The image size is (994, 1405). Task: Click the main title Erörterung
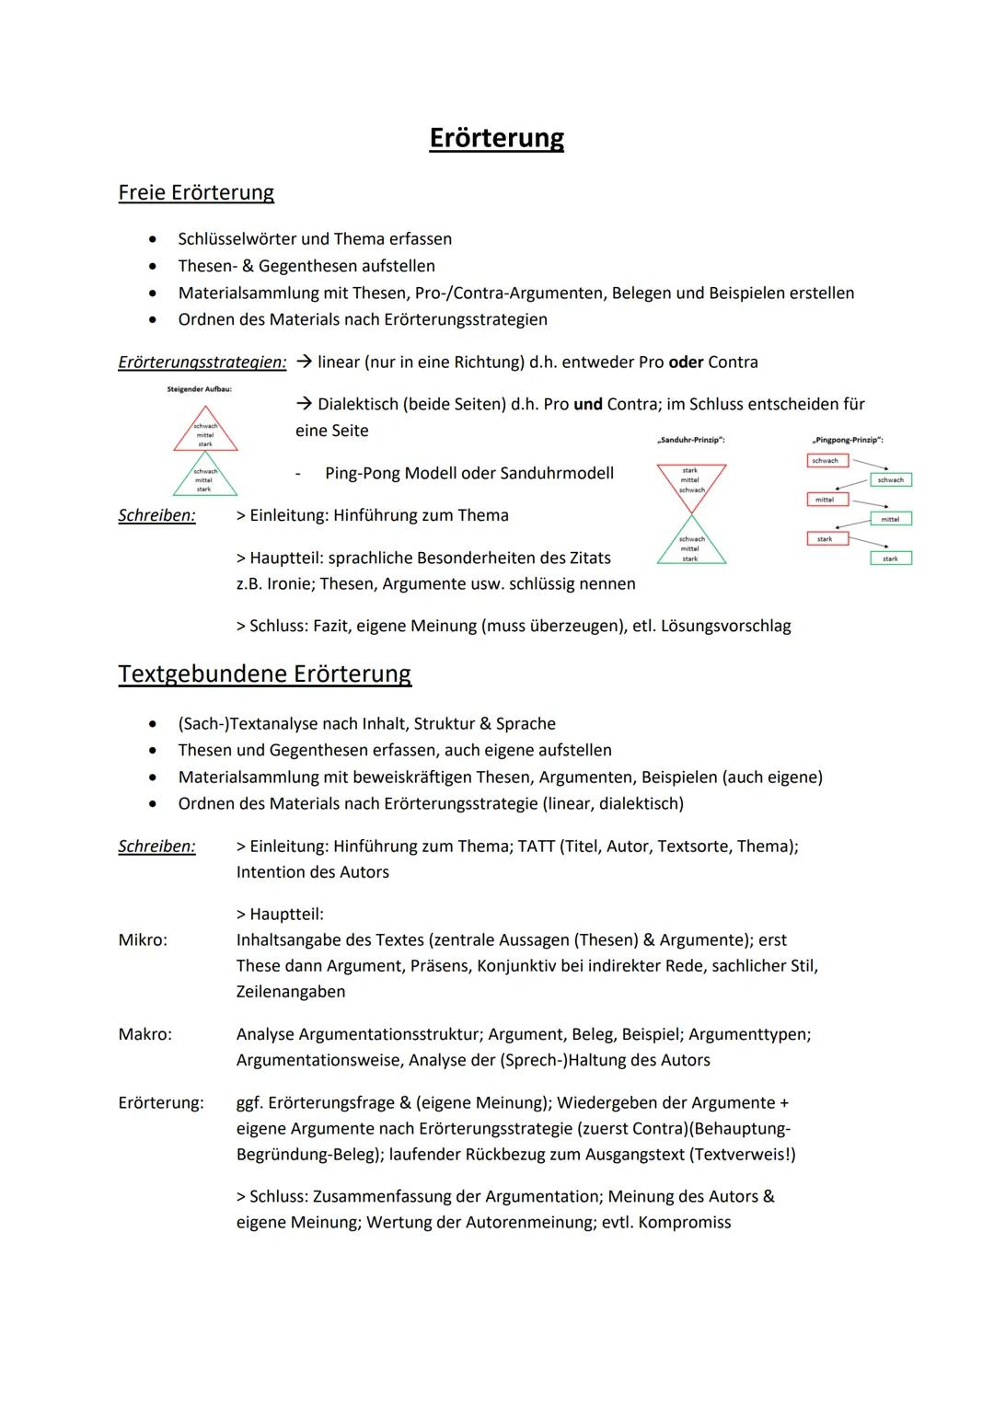(496, 138)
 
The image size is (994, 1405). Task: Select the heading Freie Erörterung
(196, 192)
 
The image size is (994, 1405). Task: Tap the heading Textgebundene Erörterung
(264, 674)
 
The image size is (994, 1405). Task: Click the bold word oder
(686, 362)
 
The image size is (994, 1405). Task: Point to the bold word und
(588, 404)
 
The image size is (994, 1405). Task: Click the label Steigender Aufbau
(199, 389)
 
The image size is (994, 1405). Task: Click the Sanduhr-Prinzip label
(691, 440)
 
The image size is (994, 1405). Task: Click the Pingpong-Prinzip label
(848, 440)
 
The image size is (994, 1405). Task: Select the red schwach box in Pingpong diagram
(826, 460)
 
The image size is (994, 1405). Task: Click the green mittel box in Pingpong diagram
(890, 519)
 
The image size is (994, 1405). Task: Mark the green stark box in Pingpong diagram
(890, 559)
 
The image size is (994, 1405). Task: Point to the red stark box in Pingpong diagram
(826, 538)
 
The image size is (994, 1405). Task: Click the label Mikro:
(143, 939)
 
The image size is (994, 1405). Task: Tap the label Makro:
(144, 1034)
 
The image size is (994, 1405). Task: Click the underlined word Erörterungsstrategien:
(202, 363)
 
